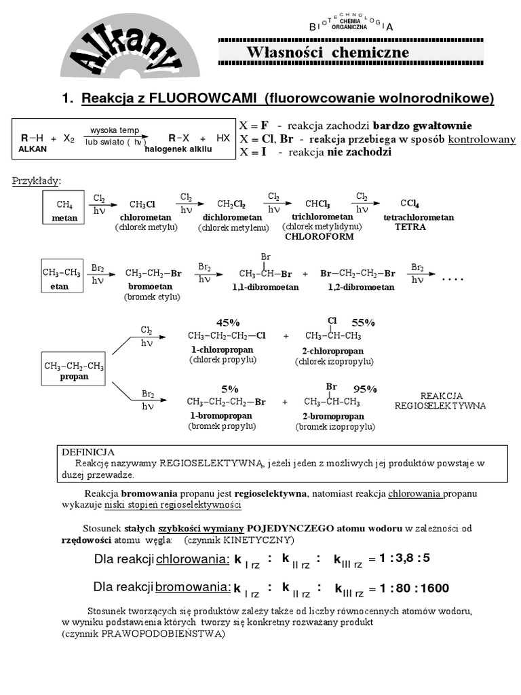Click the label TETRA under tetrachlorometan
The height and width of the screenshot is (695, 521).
click(x=410, y=227)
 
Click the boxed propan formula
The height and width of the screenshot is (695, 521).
click(x=74, y=371)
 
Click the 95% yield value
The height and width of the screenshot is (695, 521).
click(x=365, y=389)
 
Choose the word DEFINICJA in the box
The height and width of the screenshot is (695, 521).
click(x=88, y=452)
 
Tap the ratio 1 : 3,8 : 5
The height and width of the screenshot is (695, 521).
click(x=405, y=559)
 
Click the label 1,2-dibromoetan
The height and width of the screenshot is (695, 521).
click(x=361, y=287)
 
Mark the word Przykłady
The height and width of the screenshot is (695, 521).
click(x=37, y=181)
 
